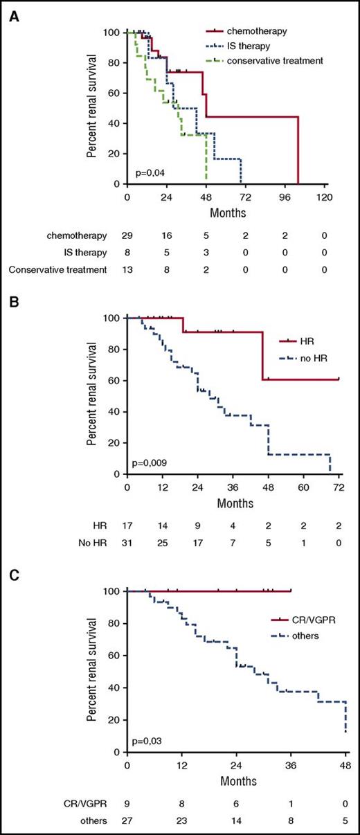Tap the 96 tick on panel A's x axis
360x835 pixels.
285,197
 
